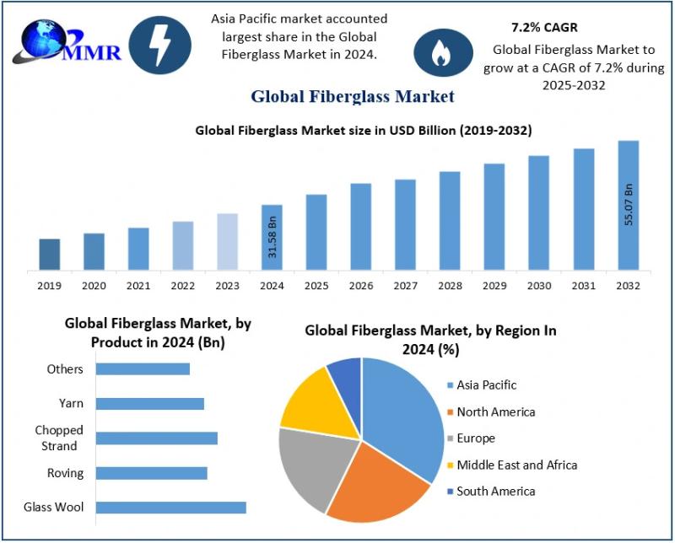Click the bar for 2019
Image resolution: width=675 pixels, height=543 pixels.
coord(50,255)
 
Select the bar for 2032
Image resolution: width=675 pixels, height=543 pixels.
coord(629,206)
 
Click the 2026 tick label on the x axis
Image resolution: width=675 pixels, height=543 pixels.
coord(361,286)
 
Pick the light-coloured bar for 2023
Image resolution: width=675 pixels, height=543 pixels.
coord(228,242)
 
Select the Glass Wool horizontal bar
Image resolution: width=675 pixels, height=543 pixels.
coord(171,507)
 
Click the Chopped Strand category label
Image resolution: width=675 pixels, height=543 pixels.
coord(59,438)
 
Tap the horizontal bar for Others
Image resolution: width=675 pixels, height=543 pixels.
coord(143,368)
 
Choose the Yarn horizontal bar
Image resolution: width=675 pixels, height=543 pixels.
coord(150,404)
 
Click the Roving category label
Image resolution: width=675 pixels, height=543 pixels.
coord(66,473)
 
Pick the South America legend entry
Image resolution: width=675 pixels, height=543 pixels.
coord(495,491)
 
